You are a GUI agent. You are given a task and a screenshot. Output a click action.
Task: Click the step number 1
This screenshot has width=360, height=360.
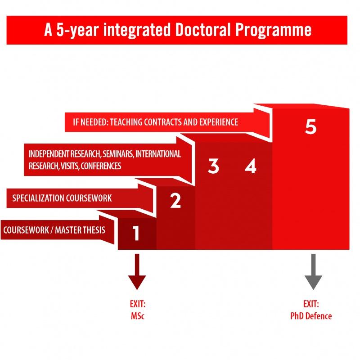pyautogui.click(x=136, y=233)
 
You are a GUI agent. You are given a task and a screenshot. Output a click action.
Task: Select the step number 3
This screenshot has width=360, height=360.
pyautogui.click(x=213, y=166)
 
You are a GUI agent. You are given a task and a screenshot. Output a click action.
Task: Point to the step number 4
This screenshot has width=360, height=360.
pyautogui.click(x=250, y=166)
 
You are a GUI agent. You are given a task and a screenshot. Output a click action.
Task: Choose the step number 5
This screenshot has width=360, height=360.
pyautogui.click(x=311, y=126)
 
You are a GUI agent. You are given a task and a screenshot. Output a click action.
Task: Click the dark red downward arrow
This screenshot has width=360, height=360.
pyautogui.click(x=137, y=272)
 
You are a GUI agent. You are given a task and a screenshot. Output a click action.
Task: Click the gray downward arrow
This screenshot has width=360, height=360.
pyautogui.click(x=313, y=272)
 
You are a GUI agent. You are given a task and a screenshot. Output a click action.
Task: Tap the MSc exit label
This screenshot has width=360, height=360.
pyautogui.click(x=138, y=316)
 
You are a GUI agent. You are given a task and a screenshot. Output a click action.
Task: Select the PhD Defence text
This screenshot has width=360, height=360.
pyautogui.click(x=311, y=316)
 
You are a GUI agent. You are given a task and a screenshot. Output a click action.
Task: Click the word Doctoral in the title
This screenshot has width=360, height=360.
pyautogui.click(x=203, y=30)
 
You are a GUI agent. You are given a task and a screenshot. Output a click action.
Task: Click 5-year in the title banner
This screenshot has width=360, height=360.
pyautogui.click(x=77, y=30)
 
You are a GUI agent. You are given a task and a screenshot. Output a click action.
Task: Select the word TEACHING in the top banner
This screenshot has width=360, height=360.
pyautogui.click(x=126, y=122)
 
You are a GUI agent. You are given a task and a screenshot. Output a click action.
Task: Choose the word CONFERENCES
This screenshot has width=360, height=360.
pyautogui.click(x=101, y=166)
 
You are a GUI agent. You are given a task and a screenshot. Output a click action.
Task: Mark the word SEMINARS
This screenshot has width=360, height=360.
pyautogui.click(x=118, y=154)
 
